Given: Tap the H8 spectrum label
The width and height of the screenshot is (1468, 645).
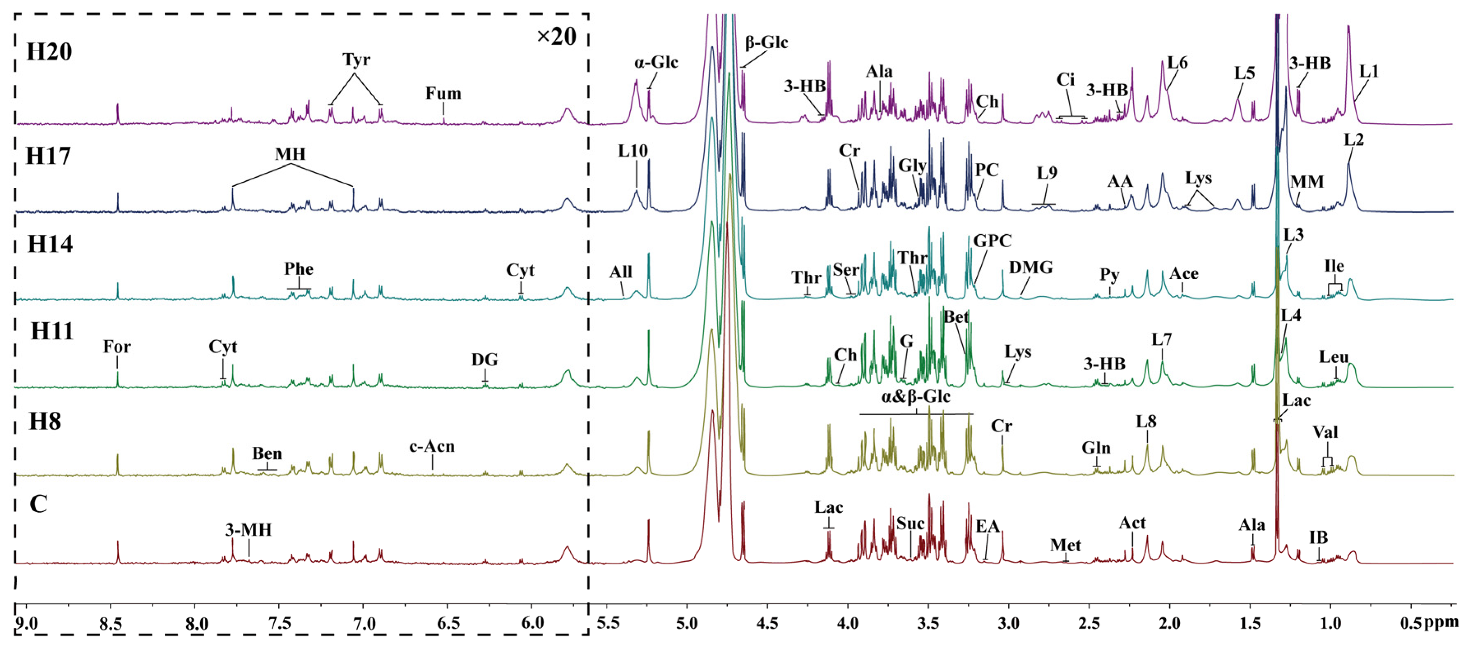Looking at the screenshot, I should click(x=45, y=422).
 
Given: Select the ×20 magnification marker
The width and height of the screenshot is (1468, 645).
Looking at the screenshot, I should click(x=556, y=37).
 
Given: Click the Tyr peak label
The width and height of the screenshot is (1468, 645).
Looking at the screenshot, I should click(x=356, y=60).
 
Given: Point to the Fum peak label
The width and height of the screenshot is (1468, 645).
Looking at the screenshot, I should click(x=444, y=93).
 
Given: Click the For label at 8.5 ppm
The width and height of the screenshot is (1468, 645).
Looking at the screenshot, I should click(x=117, y=347).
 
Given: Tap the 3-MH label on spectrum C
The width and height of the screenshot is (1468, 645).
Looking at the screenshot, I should click(x=248, y=530).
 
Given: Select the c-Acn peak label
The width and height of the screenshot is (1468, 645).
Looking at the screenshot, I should click(x=432, y=447).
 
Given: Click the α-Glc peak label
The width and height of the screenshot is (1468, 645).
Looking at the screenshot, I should click(x=656, y=62).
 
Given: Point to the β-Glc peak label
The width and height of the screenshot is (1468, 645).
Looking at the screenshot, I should click(x=767, y=43).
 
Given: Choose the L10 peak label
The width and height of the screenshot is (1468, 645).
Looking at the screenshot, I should click(x=633, y=151).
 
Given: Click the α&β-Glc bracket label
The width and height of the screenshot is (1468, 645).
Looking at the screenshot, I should click(x=916, y=397).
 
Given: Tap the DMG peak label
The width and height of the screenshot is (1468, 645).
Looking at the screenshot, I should click(x=1031, y=267).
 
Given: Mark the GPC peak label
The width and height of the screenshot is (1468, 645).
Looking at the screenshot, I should click(x=992, y=241).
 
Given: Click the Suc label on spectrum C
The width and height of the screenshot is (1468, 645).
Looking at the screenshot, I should click(x=910, y=524).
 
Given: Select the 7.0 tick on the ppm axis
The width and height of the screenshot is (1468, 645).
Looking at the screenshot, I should click(x=365, y=623).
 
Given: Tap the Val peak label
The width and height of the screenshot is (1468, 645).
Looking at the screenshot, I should click(x=1325, y=432).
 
